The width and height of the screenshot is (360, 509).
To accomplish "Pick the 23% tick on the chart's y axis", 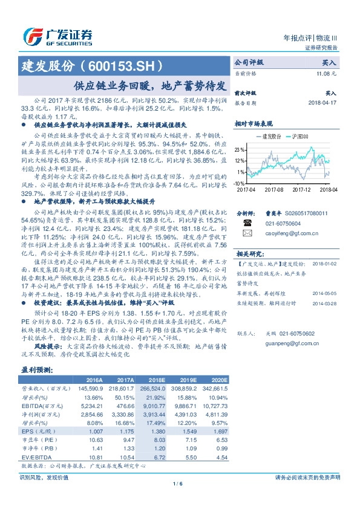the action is click(x=241, y=149).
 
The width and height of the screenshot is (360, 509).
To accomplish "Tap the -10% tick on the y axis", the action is click(x=240, y=182).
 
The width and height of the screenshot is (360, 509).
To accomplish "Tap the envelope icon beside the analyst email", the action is click(x=247, y=232).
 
